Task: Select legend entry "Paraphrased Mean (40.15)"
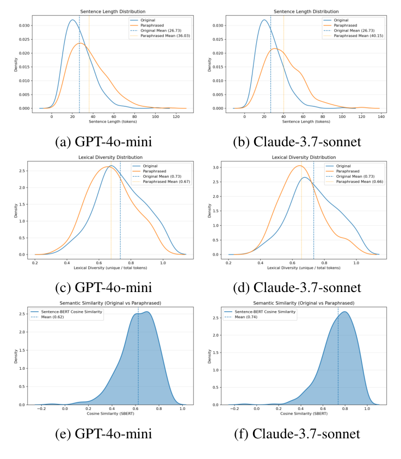click(357, 35)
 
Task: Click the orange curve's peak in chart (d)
click(299, 165)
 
